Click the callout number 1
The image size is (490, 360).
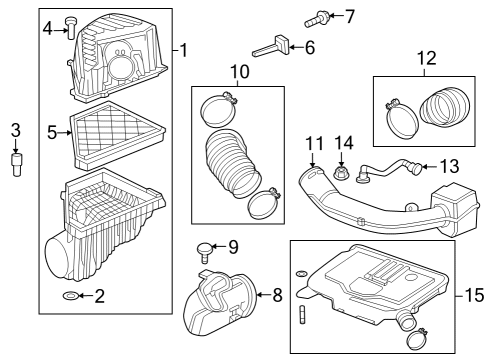pos(184,48)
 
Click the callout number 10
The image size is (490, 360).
pos(239,72)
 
